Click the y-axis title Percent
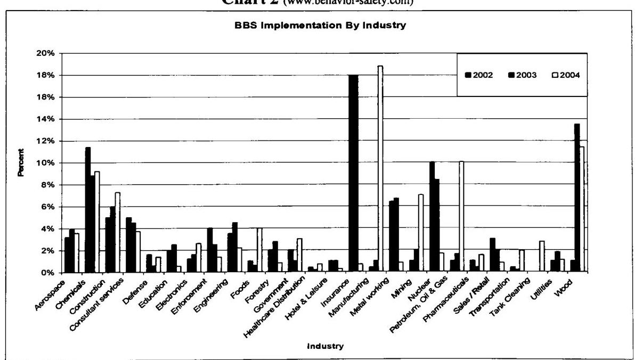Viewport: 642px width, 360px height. [x=21, y=163]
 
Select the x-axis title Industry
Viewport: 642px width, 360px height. [x=325, y=346]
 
